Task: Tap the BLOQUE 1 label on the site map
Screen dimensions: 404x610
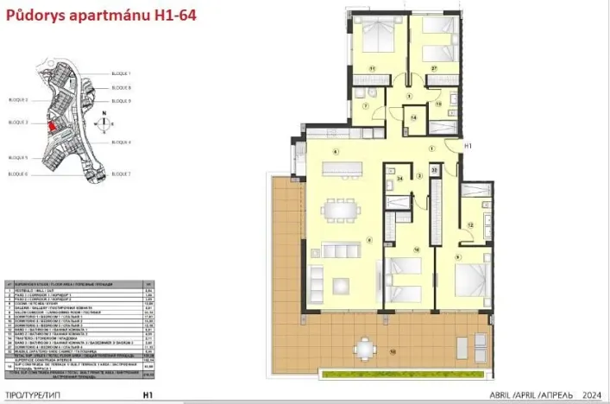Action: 122,74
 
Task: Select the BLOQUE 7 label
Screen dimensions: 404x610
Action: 122,174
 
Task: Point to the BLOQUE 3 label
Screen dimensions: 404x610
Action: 19,123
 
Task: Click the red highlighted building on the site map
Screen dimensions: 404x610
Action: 51,127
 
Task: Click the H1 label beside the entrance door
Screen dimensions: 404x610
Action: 469,147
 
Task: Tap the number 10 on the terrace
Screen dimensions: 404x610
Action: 393,352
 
